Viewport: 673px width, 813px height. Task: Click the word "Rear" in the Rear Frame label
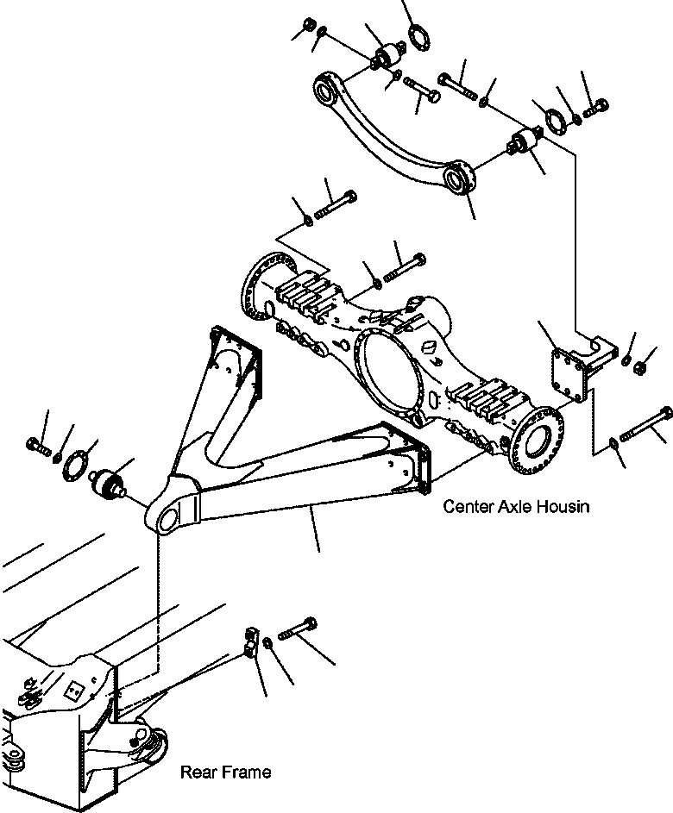pyautogui.click(x=198, y=772)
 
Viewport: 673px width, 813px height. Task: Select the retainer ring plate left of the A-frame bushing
pyautogui.click(x=79, y=465)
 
